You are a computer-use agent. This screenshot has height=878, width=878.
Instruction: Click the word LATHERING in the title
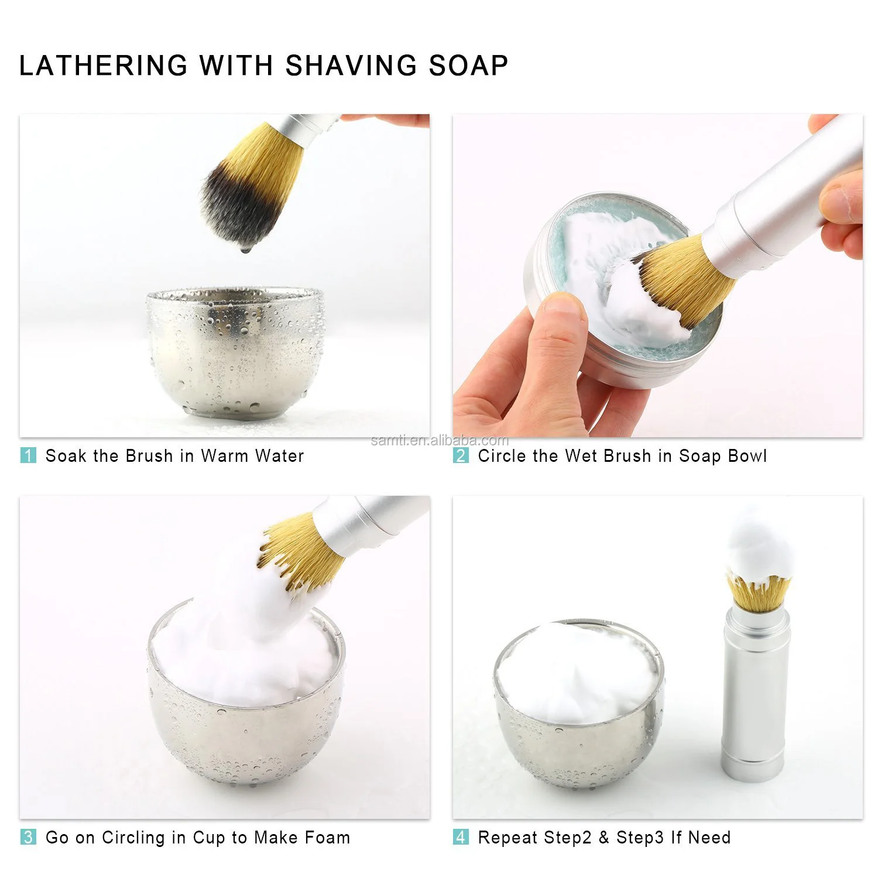point(104,65)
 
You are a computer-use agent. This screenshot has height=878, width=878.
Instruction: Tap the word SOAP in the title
point(469,65)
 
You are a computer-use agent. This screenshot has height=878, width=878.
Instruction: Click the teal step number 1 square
point(28,455)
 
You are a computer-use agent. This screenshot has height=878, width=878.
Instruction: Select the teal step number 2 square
point(461,455)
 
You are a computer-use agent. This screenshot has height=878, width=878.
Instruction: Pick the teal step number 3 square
point(28,837)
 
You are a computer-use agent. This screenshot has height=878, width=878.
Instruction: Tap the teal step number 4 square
point(461,837)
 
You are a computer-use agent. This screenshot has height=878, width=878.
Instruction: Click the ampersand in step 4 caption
point(603,837)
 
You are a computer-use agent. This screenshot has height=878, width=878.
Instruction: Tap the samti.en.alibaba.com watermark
point(440,440)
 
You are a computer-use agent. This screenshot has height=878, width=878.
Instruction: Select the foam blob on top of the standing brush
point(759,547)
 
